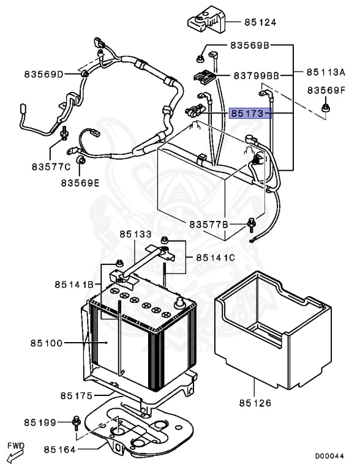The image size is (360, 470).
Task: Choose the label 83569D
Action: coord(44,75)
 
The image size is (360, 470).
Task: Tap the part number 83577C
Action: coord(52,166)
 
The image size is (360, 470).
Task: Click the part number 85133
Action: coord(135,234)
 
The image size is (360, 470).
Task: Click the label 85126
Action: coord(255,403)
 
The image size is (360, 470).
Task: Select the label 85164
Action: coord(60,450)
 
